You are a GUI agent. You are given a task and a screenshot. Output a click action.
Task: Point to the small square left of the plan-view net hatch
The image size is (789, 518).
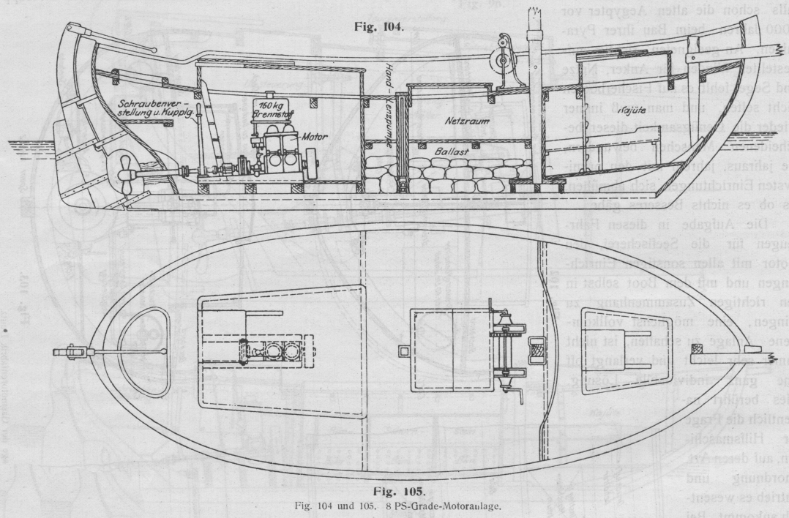click(x=402, y=351)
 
